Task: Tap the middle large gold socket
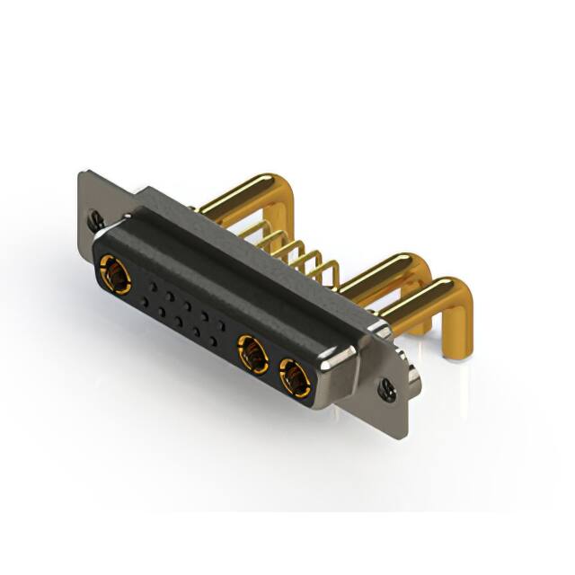coord(252,355)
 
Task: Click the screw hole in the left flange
coord(94,217)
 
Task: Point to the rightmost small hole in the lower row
coord(212,341)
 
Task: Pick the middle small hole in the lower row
coord(178,322)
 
